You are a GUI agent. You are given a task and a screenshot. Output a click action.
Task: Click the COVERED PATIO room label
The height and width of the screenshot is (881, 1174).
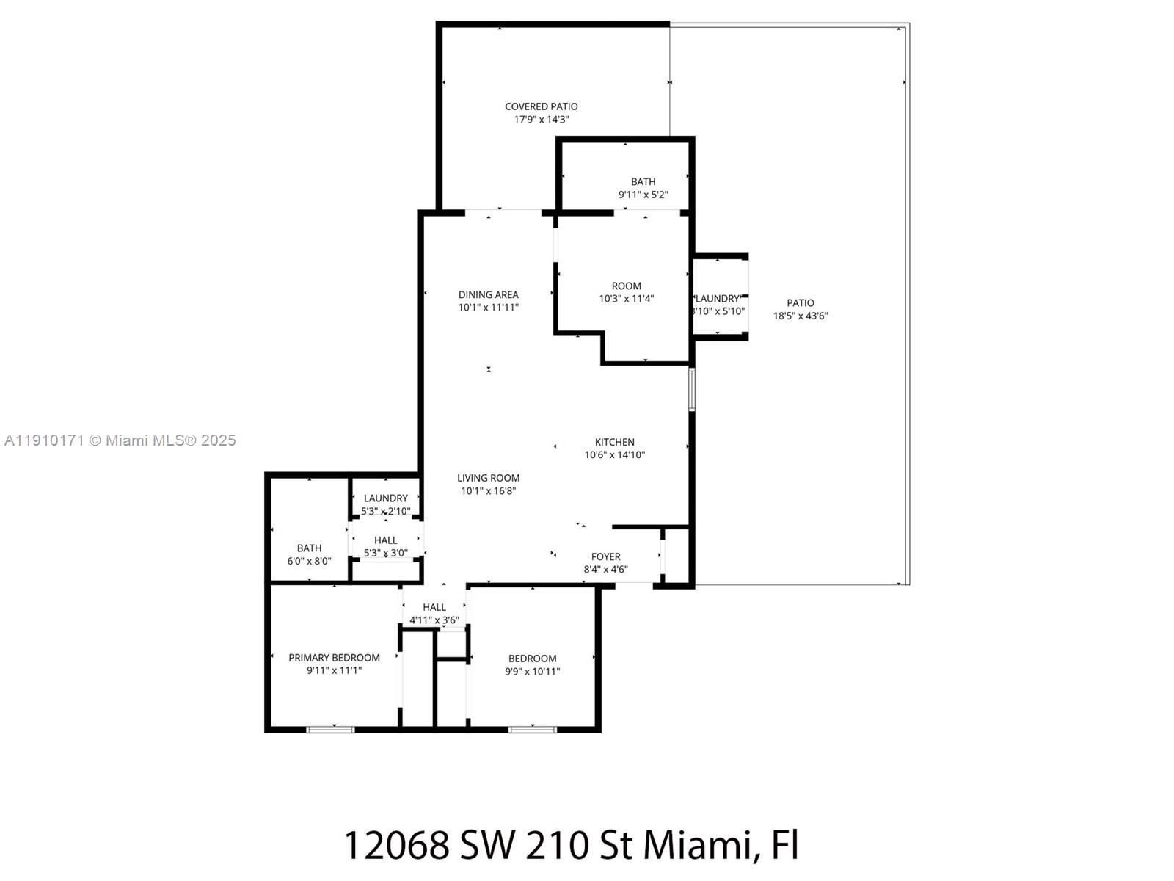click(x=541, y=106)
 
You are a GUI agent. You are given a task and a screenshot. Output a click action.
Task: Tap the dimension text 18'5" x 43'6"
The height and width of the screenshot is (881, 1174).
click(x=801, y=316)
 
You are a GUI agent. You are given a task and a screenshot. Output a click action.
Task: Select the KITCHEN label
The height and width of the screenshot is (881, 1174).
click(x=614, y=442)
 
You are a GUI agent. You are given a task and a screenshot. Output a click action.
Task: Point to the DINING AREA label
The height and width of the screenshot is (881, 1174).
click(x=488, y=294)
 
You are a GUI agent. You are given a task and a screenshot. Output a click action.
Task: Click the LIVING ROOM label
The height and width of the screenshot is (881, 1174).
click(x=488, y=478)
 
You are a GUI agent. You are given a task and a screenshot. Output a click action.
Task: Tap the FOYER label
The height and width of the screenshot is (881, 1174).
click(x=605, y=556)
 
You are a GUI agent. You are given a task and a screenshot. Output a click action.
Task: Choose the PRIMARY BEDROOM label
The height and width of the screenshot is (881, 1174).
click(x=334, y=658)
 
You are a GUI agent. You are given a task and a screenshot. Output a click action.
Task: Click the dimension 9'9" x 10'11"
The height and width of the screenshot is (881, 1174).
click(x=532, y=671)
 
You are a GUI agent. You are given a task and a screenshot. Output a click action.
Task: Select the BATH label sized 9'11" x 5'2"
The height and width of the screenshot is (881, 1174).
click(x=643, y=181)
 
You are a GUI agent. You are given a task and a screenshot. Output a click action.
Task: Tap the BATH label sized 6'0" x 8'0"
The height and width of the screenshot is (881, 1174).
click(x=309, y=548)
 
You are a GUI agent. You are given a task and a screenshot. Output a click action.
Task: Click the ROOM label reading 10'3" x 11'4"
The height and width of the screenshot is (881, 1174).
click(x=626, y=286)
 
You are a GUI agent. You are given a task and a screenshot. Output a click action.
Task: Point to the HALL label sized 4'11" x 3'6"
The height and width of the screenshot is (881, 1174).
click(x=434, y=607)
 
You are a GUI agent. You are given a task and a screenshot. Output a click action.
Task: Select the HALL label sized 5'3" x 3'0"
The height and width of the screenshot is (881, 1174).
click(x=385, y=540)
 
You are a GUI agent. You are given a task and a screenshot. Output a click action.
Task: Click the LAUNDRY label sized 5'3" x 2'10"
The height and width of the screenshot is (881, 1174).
click(x=385, y=498)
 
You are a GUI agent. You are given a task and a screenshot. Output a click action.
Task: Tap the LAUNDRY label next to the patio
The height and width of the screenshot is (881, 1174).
click(x=718, y=298)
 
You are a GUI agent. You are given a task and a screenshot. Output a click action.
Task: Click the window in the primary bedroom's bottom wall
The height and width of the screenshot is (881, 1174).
click(x=330, y=729)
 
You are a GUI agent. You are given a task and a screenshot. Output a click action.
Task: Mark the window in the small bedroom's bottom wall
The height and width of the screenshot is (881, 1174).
click(x=533, y=729)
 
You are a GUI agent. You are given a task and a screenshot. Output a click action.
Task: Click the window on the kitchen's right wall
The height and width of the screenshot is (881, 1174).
click(x=691, y=389)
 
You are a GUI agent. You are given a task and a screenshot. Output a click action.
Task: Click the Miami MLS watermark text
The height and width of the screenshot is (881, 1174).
click(x=120, y=440)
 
